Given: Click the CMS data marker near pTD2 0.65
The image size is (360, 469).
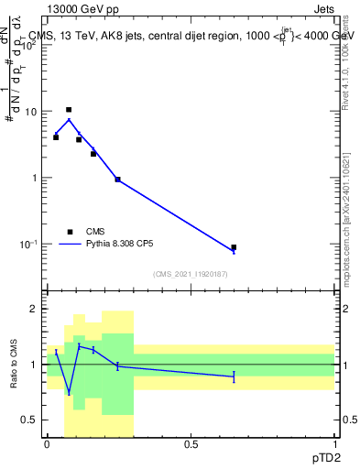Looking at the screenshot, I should [x=234, y=247].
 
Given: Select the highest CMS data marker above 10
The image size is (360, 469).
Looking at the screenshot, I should [x=69, y=110].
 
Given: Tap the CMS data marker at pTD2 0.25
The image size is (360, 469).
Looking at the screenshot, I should [x=118, y=180].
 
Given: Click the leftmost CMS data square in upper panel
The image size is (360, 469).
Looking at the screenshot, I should [x=56, y=137].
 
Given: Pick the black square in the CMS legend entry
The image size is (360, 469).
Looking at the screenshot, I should [x=70, y=232].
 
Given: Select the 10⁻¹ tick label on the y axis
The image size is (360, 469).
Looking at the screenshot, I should [x=30, y=245].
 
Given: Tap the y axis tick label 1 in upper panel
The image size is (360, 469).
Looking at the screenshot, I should [x=36, y=178].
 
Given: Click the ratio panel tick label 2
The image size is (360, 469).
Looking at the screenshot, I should [x=36, y=309].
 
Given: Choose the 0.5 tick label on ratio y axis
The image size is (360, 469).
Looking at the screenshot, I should [x=31, y=420].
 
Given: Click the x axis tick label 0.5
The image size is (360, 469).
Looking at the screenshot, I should [x=191, y=444].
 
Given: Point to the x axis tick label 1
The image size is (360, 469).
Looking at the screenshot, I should [x=335, y=444].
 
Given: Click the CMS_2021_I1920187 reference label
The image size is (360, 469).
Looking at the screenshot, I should [x=190, y=274].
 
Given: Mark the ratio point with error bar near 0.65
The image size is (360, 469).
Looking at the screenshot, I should [x=234, y=376].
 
